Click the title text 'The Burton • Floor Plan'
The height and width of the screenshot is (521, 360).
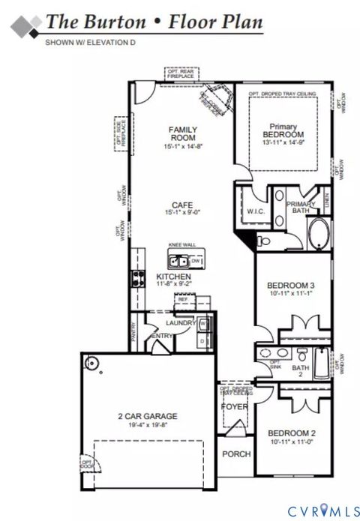tap(154, 22)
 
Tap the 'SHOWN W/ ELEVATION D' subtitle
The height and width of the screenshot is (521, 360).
tap(90, 43)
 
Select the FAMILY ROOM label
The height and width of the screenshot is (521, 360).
tap(181, 133)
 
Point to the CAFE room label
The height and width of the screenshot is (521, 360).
tap(181, 205)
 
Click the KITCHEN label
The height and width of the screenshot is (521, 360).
tap(173, 277)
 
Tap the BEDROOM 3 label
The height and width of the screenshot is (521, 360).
tap(291, 285)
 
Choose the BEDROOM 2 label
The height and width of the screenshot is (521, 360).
tap(291, 433)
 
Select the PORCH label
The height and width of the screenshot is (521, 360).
tap(235, 454)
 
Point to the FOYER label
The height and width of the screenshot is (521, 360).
tap(235, 406)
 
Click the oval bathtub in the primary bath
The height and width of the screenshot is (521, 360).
tap(316, 235)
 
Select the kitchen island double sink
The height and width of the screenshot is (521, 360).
tap(179, 262)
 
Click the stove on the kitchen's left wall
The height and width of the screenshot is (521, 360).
tap(138, 280)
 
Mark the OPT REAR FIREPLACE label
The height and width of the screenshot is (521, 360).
tap(181, 73)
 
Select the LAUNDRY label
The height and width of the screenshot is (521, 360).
tap(181, 322)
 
